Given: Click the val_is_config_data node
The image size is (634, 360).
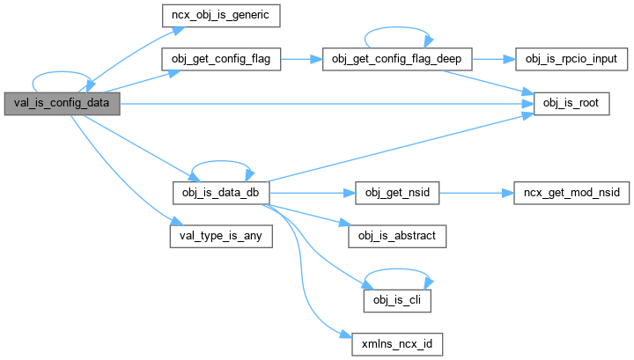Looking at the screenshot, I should [x=61, y=104].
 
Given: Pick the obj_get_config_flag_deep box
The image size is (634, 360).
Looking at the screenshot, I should [x=398, y=59].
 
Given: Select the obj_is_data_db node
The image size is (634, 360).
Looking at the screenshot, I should [x=221, y=191].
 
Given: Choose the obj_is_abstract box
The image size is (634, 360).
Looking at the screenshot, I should [x=398, y=236].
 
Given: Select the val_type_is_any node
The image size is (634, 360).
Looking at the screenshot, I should [x=221, y=236].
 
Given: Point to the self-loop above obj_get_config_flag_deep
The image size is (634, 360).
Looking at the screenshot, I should [x=399, y=33].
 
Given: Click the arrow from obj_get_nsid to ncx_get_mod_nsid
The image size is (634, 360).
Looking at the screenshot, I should [x=475, y=191].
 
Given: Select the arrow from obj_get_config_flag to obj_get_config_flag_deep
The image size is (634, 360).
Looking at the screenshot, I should [x=301, y=59].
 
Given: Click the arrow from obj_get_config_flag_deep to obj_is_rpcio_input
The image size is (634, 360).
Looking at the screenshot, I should [x=496, y=59].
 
